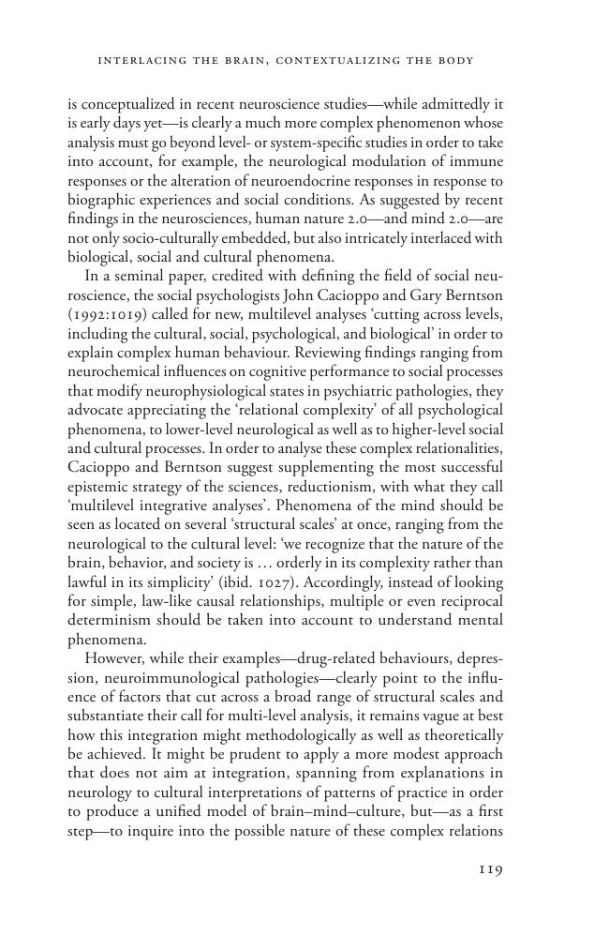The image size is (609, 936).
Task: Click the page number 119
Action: pyautogui.click(x=490, y=869)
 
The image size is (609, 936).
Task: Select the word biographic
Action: pyautogui.click(x=104, y=199)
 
